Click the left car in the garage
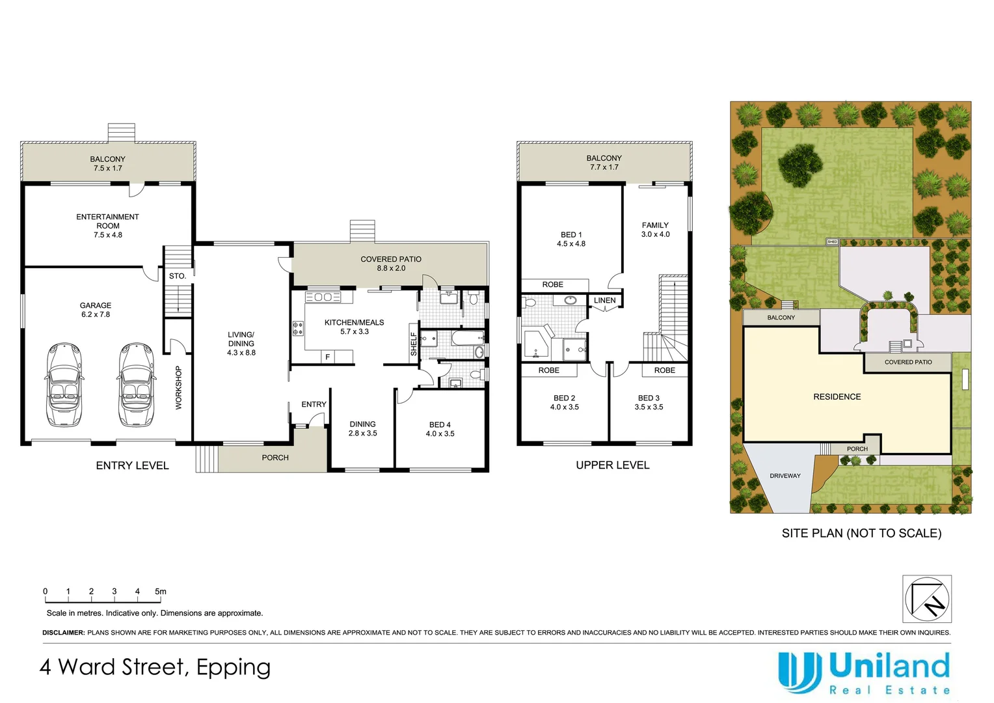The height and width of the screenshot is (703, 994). click(64, 385)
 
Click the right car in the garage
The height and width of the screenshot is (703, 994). click(137, 385)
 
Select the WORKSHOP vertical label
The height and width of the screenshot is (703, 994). click(178, 388)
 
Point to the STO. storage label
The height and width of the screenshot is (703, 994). click(178, 276)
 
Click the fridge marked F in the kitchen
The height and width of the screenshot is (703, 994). click(327, 357)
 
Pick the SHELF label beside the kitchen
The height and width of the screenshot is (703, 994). click(414, 344)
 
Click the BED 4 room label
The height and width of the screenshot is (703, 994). click(440, 425)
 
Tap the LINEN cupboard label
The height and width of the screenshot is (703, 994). click(604, 301)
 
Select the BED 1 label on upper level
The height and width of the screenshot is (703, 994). click(571, 235)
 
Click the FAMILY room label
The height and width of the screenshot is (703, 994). click(655, 226)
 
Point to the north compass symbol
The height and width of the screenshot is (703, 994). click(927, 599)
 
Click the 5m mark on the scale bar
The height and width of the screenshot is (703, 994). click(160, 592)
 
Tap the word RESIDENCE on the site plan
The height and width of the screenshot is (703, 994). click(837, 397)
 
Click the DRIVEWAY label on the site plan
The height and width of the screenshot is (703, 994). click(785, 476)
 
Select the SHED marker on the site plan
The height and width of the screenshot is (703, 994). click(832, 241)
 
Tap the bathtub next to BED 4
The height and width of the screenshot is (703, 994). click(468, 338)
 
